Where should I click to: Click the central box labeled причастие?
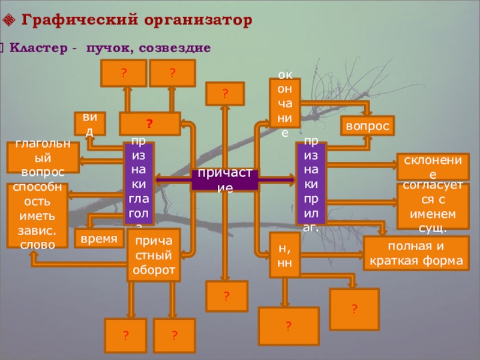[x=225, y=180]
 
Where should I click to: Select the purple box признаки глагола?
[x=139, y=184]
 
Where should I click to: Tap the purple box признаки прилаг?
[x=311, y=184]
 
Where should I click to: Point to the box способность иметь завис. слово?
[x=37, y=215]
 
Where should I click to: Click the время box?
[x=98, y=238]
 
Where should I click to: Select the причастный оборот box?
[x=154, y=256]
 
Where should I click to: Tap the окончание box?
[x=285, y=103]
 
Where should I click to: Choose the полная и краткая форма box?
[x=416, y=253]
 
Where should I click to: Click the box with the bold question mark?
[x=149, y=124]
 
